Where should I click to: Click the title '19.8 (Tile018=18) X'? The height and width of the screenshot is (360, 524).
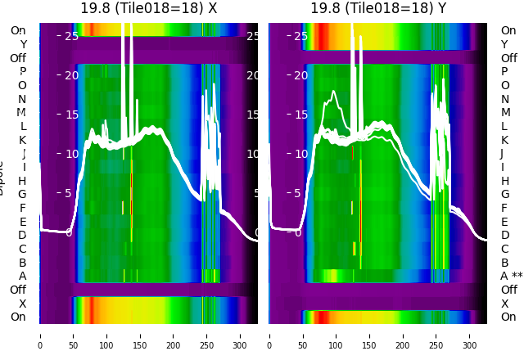[x=148, y=8]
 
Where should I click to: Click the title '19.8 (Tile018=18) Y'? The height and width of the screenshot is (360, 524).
[x=378, y=8]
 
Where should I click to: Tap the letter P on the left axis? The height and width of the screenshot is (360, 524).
[x=23, y=71]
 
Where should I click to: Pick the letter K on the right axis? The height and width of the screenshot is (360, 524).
[x=504, y=140]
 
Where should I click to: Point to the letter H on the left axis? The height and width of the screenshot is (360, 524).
[x=23, y=181]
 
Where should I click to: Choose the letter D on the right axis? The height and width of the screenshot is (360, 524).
[x=504, y=235]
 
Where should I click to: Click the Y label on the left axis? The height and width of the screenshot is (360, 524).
[x=23, y=44]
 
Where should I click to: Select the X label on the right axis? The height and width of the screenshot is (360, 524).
[x=504, y=304]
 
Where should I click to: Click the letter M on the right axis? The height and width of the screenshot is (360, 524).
[x=505, y=112]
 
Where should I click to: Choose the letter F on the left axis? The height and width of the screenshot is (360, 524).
[x=23, y=208]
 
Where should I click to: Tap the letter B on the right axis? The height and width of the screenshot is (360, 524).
[x=504, y=263]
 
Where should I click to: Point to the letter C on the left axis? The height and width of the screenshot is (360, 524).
[x=23, y=249]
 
